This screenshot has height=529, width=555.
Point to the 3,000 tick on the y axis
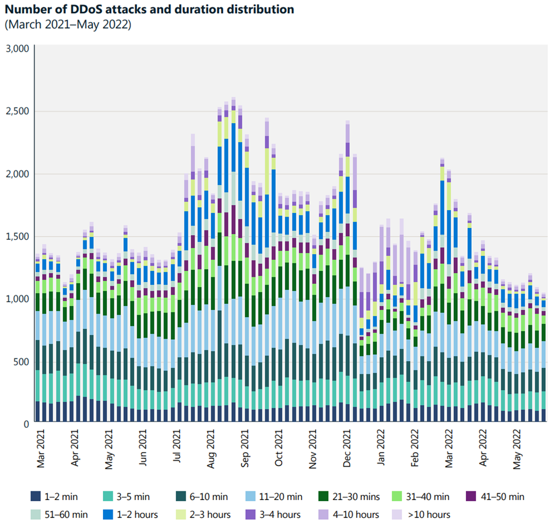(17, 49)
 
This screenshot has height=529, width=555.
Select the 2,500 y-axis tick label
(17, 111)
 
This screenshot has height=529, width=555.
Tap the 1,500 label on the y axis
(17, 236)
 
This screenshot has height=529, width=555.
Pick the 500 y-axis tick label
(21, 362)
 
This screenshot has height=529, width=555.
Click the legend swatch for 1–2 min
(36, 496)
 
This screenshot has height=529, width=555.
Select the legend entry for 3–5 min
(128, 496)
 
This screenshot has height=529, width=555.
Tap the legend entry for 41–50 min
(495, 496)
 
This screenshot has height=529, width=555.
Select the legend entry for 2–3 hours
(205, 514)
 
